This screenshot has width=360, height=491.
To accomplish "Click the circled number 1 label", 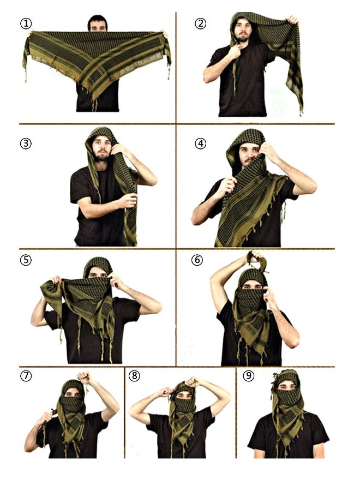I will point(26,23).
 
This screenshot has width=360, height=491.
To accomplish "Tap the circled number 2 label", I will point(200,23).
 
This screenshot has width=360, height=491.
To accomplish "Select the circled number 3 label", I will point(26,143).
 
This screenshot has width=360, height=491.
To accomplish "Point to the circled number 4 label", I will point(200,143).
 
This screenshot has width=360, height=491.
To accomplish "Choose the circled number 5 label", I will point(26,260).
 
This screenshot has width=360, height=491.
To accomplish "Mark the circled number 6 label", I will point(197,260).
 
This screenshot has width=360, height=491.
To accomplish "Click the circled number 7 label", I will point(26,376).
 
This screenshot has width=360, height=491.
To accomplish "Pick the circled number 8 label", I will point(135,376).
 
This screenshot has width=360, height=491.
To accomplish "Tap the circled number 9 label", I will point(249,376).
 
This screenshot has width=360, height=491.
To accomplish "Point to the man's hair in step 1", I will point(98,20).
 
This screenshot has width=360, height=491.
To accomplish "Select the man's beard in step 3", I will point(101,155).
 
